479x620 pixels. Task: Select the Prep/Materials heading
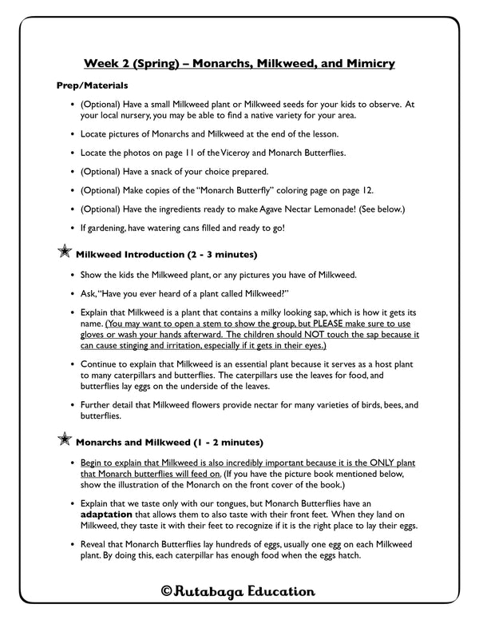pos(93,85)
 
